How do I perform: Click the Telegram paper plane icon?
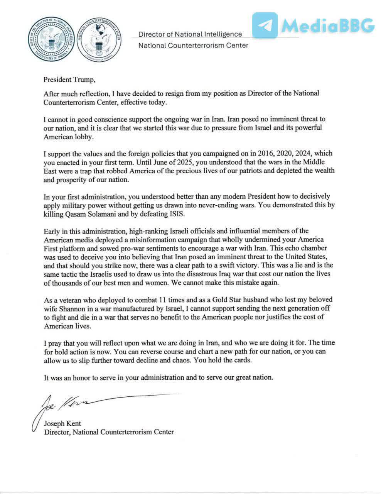coord(265,25)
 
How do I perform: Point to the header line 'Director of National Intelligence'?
coord(190,34)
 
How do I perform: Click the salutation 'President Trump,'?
coord(69,80)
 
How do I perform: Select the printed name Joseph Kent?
coord(62,423)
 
